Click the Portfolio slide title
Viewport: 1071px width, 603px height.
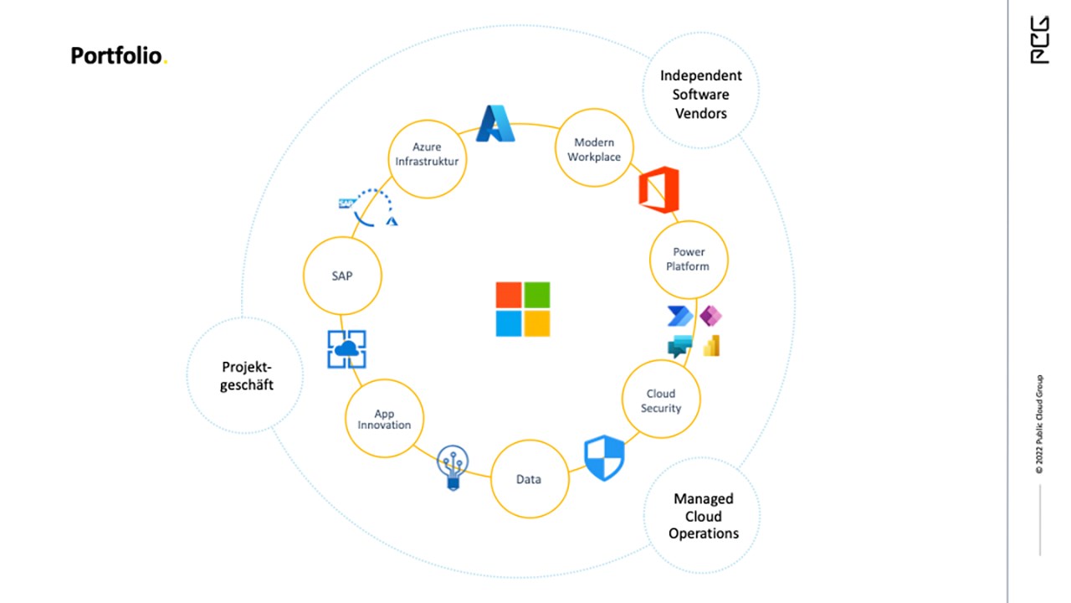(118, 56)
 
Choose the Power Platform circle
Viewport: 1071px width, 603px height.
(689, 260)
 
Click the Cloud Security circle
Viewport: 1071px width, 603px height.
(661, 401)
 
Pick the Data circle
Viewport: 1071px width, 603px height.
(529, 479)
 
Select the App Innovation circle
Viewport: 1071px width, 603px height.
(385, 418)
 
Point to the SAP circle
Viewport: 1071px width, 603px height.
(342, 276)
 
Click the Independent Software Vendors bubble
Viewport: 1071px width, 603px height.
(701, 94)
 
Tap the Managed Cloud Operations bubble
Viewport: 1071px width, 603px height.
(704, 516)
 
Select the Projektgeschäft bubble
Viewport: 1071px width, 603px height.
(246, 375)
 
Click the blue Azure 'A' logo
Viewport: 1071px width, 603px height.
(495, 123)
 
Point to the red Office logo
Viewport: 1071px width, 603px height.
(658, 190)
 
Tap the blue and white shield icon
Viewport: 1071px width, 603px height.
(604, 458)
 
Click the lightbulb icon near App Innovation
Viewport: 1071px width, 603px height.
(454, 466)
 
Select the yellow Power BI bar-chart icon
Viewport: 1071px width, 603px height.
(712, 346)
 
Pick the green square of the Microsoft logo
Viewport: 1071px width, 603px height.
(537, 295)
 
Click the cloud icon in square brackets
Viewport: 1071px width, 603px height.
(346, 348)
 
